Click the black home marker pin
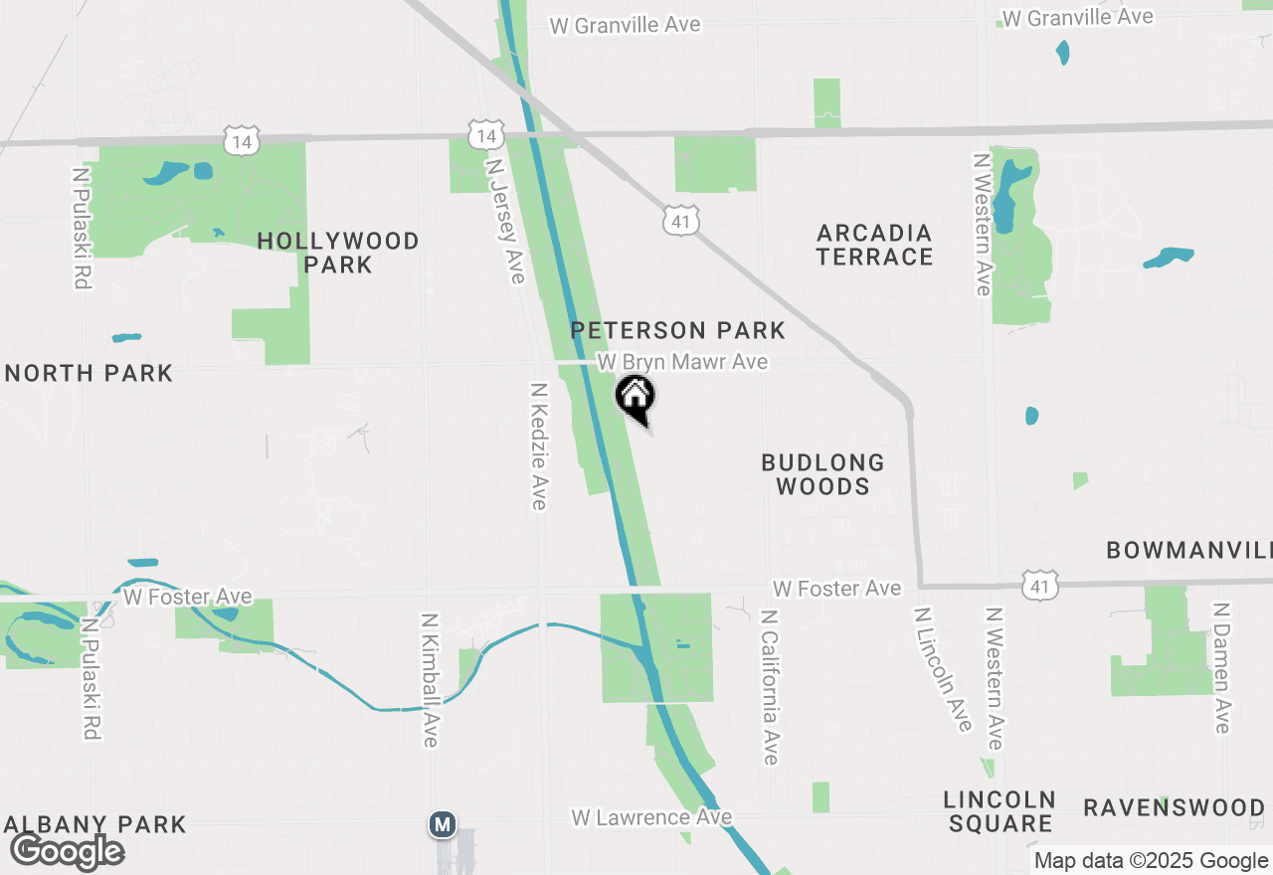pyautogui.click(x=636, y=399)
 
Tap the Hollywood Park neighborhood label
pyautogui.click(x=338, y=253)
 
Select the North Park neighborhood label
pyautogui.click(x=89, y=374)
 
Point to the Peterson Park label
pyautogui.click(x=678, y=330)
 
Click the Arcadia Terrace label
pyautogui.click(x=875, y=245)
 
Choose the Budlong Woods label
pyautogui.click(x=822, y=474)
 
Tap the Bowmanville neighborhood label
pyautogui.click(x=1189, y=550)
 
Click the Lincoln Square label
pyautogui.click(x=1000, y=811)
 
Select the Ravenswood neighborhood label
pyautogui.click(x=1174, y=807)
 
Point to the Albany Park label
pyautogui.click(x=95, y=824)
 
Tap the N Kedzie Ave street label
pyautogui.click(x=539, y=446)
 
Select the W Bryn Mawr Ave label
pyautogui.click(x=682, y=362)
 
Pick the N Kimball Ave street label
pyautogui.click(x=430, y=679)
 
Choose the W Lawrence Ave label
pyautogui.click(x=651, y=817)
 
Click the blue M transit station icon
pyautogui.click(x=443, y=824)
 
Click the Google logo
pyautogui.click(x=67, y=851)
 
